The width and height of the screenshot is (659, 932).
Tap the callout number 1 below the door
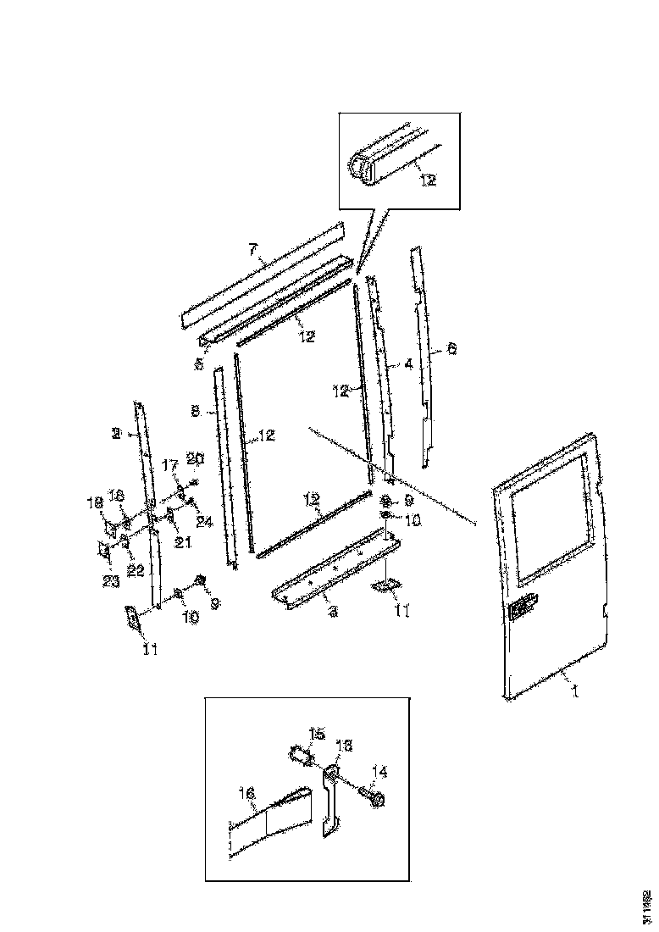(575, 692)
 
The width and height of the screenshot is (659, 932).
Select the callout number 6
(451, 348)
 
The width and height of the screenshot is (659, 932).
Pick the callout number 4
(408, 364)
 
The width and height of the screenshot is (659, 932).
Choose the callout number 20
(196, 458)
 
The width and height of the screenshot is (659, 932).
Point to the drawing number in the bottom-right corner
(647, 906)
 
